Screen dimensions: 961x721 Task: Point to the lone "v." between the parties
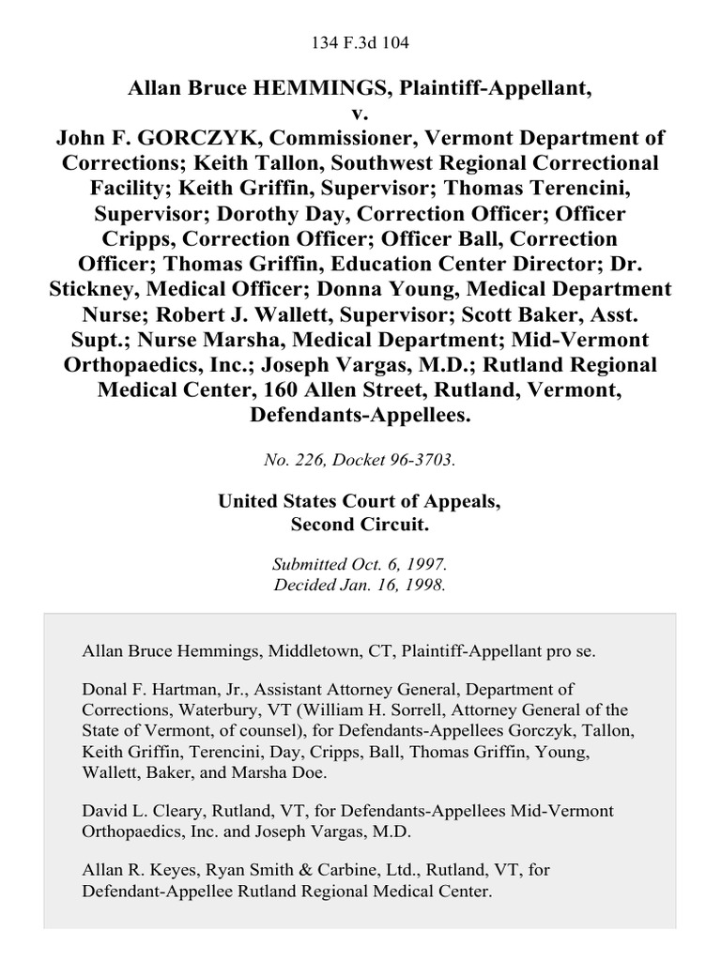click(360, 114)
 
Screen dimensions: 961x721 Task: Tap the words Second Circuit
click(360, 525)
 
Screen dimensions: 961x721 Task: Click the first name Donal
click(105, 690)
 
